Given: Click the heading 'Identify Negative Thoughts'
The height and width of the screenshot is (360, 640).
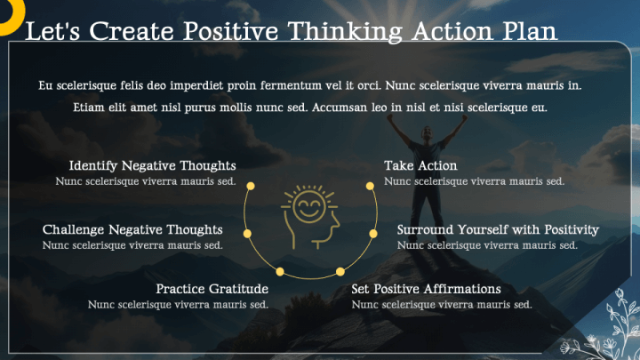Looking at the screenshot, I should (152, 166).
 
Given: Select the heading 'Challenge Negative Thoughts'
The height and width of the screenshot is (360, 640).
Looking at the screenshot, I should (132, 230).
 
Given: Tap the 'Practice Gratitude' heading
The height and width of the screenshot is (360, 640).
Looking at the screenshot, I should (212, 290).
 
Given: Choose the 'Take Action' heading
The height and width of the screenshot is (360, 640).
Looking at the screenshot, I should (420, 166).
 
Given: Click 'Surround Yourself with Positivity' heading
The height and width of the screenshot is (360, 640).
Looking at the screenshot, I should (498, 230).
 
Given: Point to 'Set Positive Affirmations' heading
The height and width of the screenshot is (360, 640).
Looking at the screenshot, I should (426, 290).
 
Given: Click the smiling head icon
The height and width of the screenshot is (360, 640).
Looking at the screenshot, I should (310, 215).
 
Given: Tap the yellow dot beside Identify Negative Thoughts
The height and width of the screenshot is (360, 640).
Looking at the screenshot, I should (251, 186).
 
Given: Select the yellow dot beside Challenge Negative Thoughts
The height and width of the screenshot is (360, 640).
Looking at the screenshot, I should (247, 233).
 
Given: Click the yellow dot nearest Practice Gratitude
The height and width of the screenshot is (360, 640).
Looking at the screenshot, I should (280, 270).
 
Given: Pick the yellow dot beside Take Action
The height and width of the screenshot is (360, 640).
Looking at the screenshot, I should (370, 186).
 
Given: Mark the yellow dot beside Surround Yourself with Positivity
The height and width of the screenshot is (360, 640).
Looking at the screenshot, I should (373, 233).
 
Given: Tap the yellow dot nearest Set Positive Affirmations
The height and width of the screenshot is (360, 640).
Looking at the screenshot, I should (340, 270).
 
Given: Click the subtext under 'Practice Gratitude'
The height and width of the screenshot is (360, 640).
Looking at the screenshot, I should (178, 305).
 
